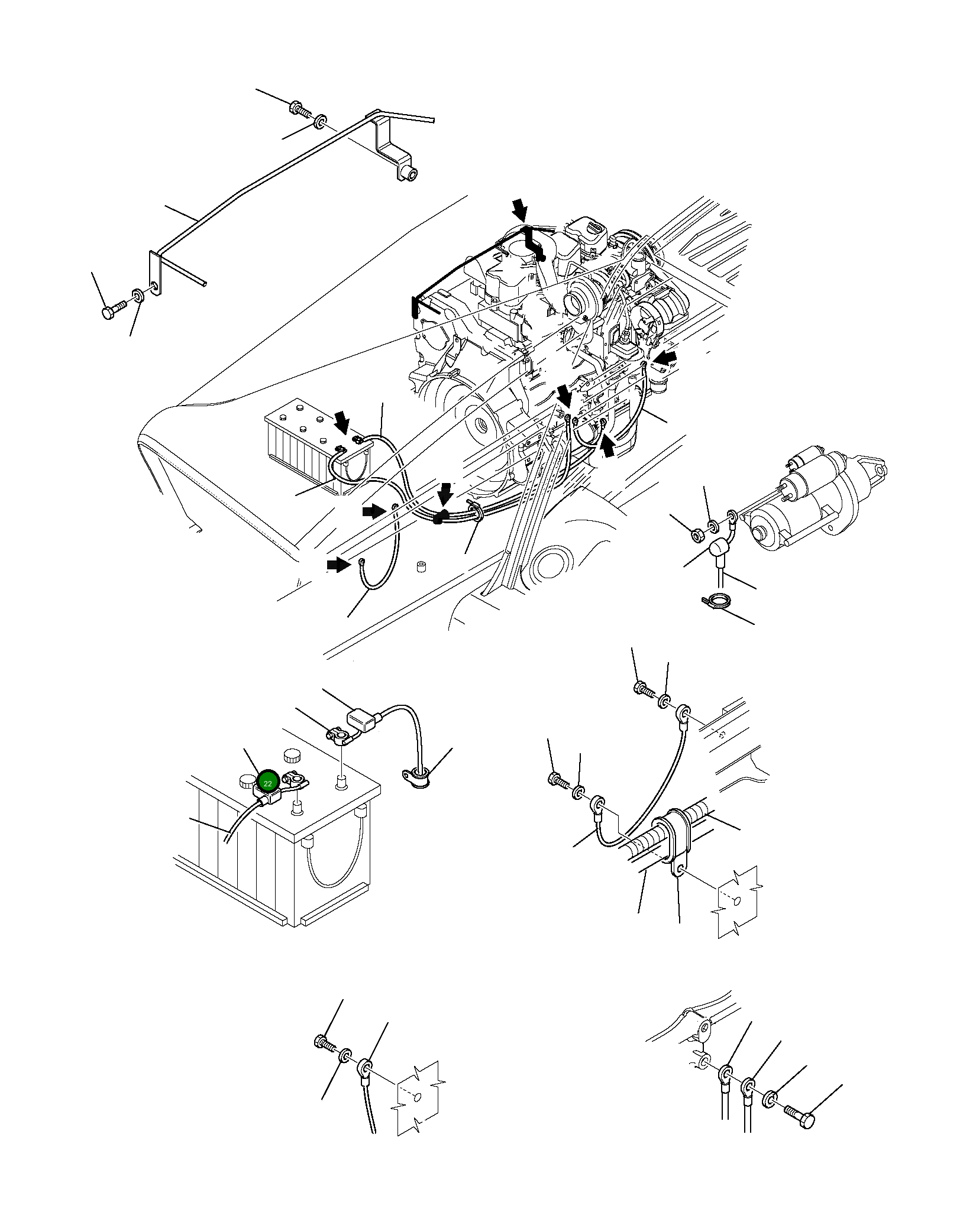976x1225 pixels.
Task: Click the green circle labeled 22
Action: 268,783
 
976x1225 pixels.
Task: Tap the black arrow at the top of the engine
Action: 520,209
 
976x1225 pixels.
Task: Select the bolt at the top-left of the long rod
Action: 299,109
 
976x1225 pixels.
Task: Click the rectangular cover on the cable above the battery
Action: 362,721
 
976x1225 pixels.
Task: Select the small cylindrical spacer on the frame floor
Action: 422,568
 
